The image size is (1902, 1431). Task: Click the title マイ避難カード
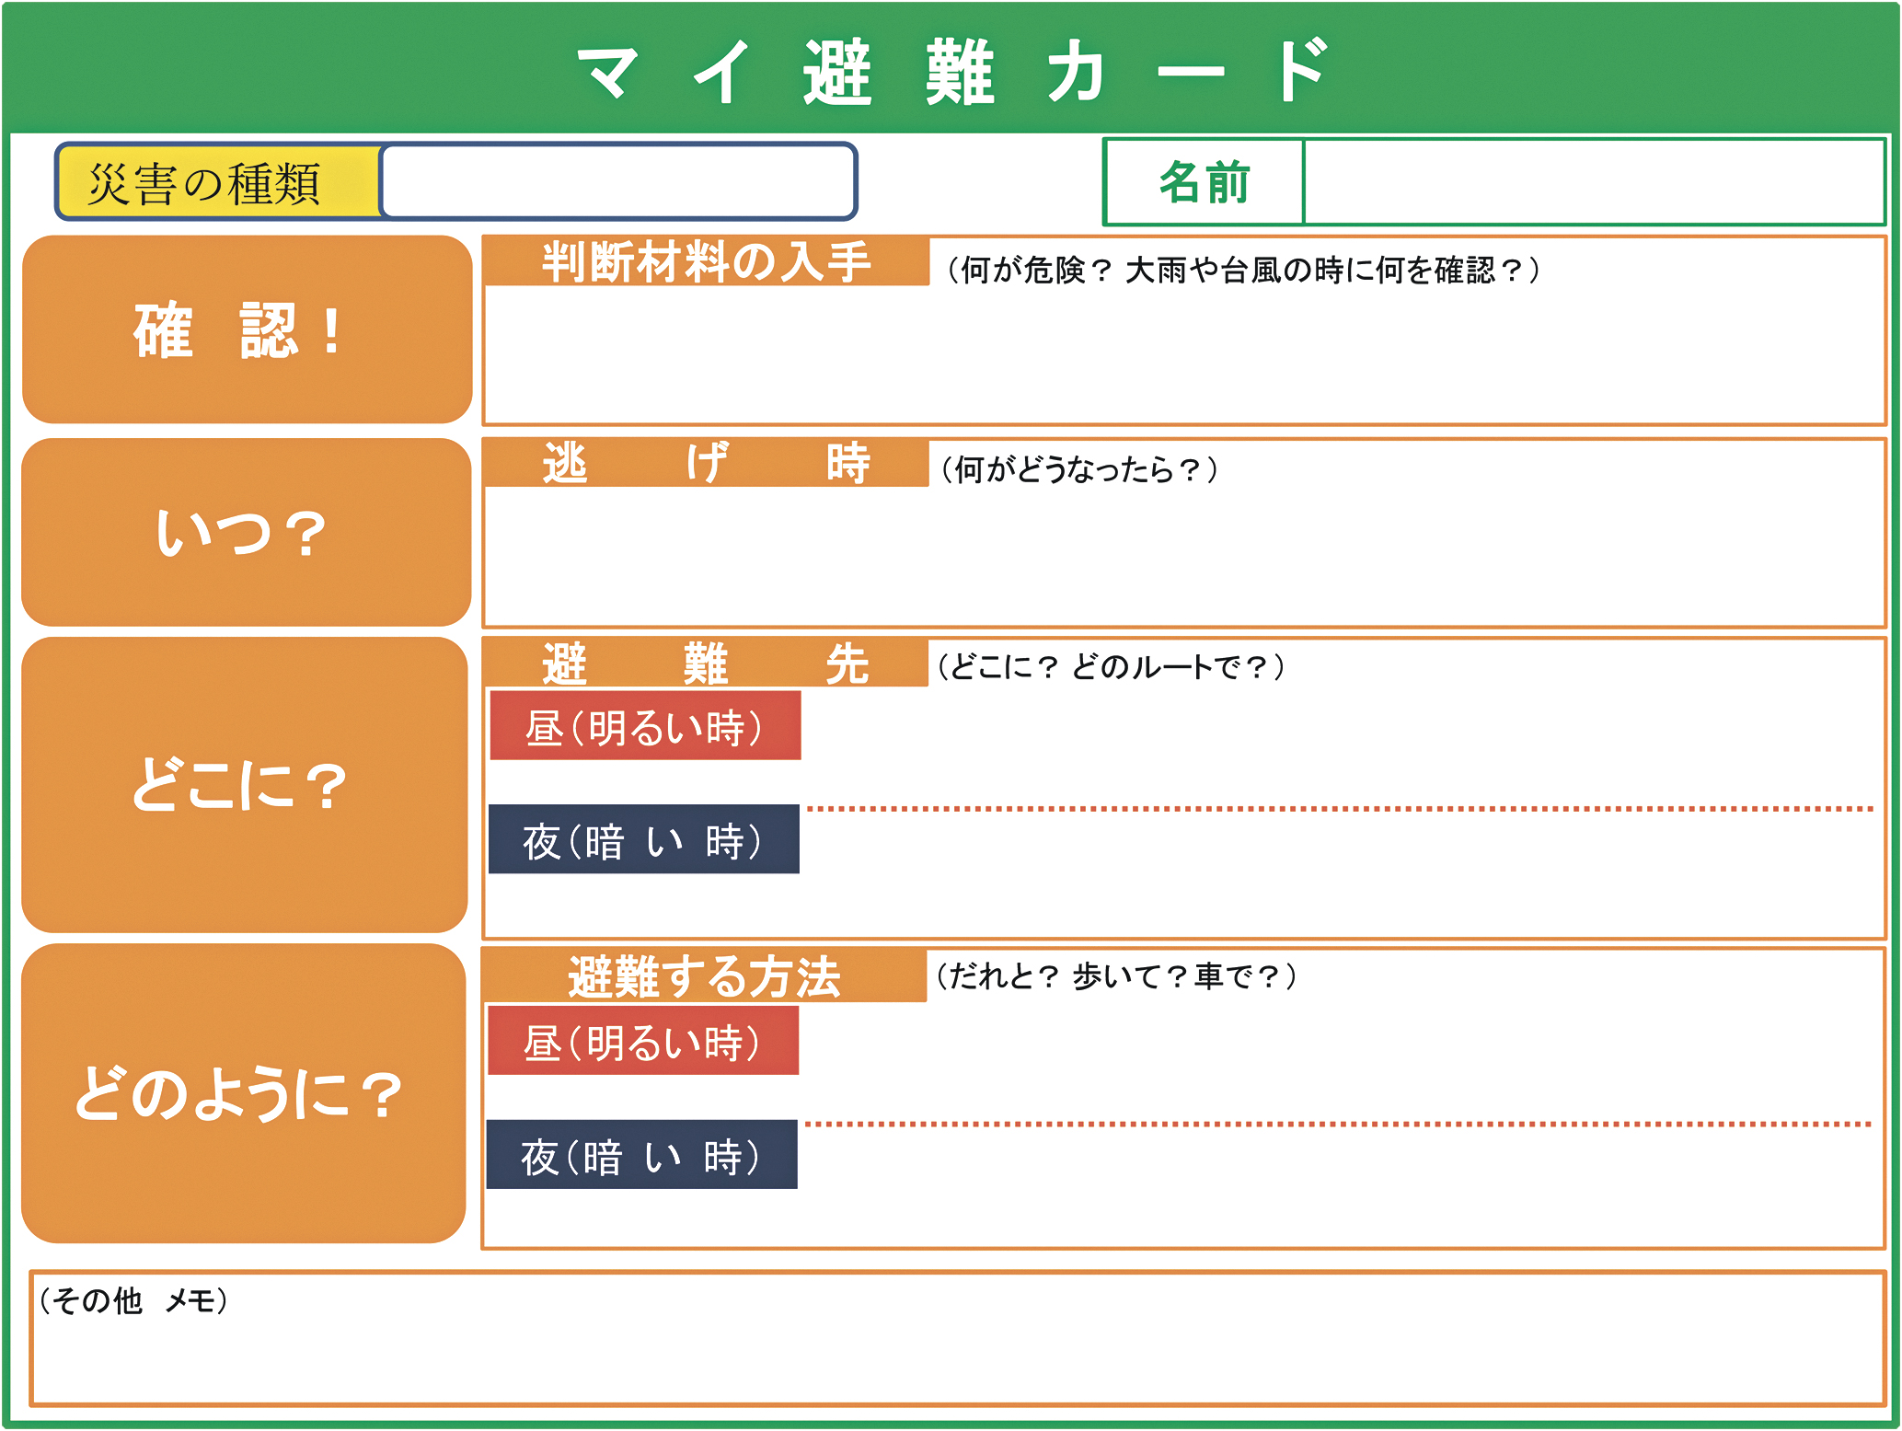[953, 71]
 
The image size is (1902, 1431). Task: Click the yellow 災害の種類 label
[219, 182]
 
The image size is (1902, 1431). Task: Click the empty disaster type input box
[618, 181]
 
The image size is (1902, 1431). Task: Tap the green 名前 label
[1204, 182]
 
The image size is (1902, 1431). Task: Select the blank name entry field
[1594, 182]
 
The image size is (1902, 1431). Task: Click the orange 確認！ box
[247, 329]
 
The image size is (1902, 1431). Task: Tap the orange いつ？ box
[246, 532]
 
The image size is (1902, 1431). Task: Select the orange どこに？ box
[245, 785]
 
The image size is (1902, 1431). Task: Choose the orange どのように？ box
[244, 1093]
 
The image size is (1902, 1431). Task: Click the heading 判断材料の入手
[706, 261]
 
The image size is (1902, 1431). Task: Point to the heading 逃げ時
[706, 463]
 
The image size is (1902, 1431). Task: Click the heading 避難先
[705, 663]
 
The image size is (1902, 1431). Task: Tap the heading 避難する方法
[704, 976]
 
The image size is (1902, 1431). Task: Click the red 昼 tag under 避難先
[645, 726]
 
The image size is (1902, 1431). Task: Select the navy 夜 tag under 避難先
[644, 839]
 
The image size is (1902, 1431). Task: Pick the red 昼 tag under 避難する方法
[643, 1041]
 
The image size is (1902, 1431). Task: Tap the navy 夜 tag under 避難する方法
[642, 1154]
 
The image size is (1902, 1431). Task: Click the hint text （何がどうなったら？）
[1079, 469]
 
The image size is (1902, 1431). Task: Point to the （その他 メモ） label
[134, 1300]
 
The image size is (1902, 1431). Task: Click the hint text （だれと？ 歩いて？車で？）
[1116, 975]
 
